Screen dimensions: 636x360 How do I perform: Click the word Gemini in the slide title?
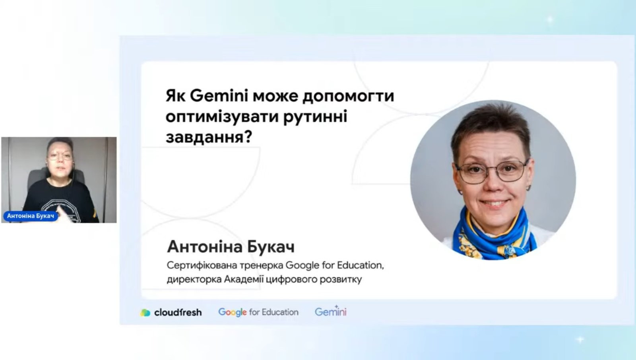(219, 95)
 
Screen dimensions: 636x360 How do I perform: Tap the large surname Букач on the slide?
(271, 246)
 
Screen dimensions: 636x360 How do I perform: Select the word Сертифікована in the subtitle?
(202, 265)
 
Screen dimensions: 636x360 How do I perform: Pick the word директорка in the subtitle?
(194, 279)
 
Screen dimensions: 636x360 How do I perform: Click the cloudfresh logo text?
(178, 312)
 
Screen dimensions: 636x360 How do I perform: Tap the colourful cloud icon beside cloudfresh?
(145, 313)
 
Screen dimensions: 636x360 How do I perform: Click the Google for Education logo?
(258, 312)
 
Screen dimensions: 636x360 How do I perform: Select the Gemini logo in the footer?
(331, 311)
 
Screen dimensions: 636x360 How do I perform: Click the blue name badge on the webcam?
(31, 216)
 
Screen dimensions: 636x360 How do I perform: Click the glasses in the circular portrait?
(493, 171)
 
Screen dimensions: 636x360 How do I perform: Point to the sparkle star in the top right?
(550, 19)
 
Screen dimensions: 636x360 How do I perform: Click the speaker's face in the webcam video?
(60, 159)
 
